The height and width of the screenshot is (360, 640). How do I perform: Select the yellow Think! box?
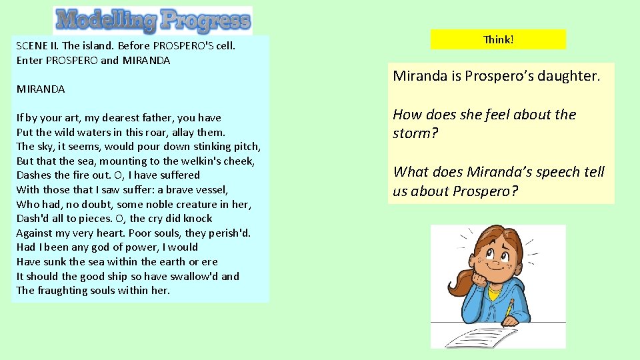pos(498,39)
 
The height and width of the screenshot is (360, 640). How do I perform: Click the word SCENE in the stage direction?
pos(31,47)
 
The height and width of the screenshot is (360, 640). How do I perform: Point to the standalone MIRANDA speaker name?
pos(41,89)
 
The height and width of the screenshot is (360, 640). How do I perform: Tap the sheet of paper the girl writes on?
pos(493,335)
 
